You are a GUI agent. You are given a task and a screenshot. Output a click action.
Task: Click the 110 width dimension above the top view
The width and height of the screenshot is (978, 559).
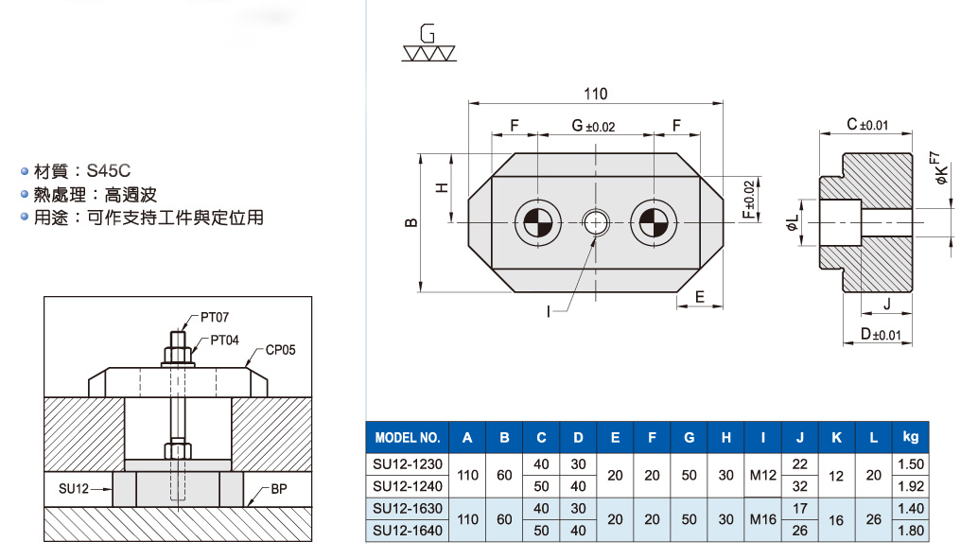[595, 95]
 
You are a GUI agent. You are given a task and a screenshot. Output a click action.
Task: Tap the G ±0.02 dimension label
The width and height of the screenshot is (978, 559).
[593, 127]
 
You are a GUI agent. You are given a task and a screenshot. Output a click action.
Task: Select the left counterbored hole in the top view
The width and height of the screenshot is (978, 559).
[537, 222]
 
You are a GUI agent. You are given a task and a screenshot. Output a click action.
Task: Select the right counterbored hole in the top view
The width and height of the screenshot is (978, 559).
[654, 222]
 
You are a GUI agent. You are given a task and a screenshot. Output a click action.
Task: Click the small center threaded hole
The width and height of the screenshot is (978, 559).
[596, 222]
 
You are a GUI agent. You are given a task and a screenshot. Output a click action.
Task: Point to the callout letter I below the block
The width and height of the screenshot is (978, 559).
[549, 310]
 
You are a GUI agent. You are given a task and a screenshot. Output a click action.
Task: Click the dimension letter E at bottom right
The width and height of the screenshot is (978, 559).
[700, 297]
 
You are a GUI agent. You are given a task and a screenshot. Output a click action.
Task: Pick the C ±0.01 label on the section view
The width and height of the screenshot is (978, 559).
[867, 125]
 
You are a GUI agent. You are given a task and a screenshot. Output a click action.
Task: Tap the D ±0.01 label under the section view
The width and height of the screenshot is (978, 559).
[881, 335]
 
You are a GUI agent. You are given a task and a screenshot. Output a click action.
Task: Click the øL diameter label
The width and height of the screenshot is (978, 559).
[792, 222]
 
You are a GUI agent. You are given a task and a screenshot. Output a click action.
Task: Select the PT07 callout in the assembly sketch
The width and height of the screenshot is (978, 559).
[215, 318]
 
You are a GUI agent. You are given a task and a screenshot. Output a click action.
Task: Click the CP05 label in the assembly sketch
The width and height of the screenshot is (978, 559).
[281, 350]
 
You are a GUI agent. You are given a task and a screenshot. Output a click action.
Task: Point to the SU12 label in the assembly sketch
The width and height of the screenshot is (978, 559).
[74, 488]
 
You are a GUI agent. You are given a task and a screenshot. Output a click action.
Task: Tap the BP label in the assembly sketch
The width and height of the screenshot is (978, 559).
[279, 489]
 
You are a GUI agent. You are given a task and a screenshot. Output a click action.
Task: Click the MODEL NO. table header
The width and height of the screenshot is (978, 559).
[408, 438]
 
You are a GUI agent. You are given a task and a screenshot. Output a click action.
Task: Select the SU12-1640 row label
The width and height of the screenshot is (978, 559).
[408, 531]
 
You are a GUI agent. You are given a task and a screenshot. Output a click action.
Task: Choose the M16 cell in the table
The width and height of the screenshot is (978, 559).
[762, 519]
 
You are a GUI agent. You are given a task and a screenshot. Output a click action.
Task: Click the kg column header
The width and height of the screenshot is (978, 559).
[911, 437]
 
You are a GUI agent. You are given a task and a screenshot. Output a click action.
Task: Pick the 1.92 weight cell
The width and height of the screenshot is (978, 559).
[911, 486]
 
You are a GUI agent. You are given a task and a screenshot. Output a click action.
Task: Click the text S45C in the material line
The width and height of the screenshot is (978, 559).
[108, 171]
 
